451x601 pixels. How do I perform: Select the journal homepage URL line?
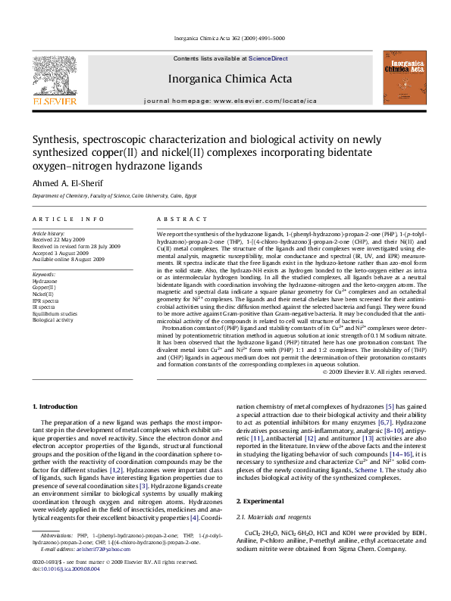230,100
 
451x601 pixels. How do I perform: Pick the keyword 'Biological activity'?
52,320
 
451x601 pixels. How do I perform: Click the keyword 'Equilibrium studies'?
55,313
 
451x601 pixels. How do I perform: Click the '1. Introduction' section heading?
57,407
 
